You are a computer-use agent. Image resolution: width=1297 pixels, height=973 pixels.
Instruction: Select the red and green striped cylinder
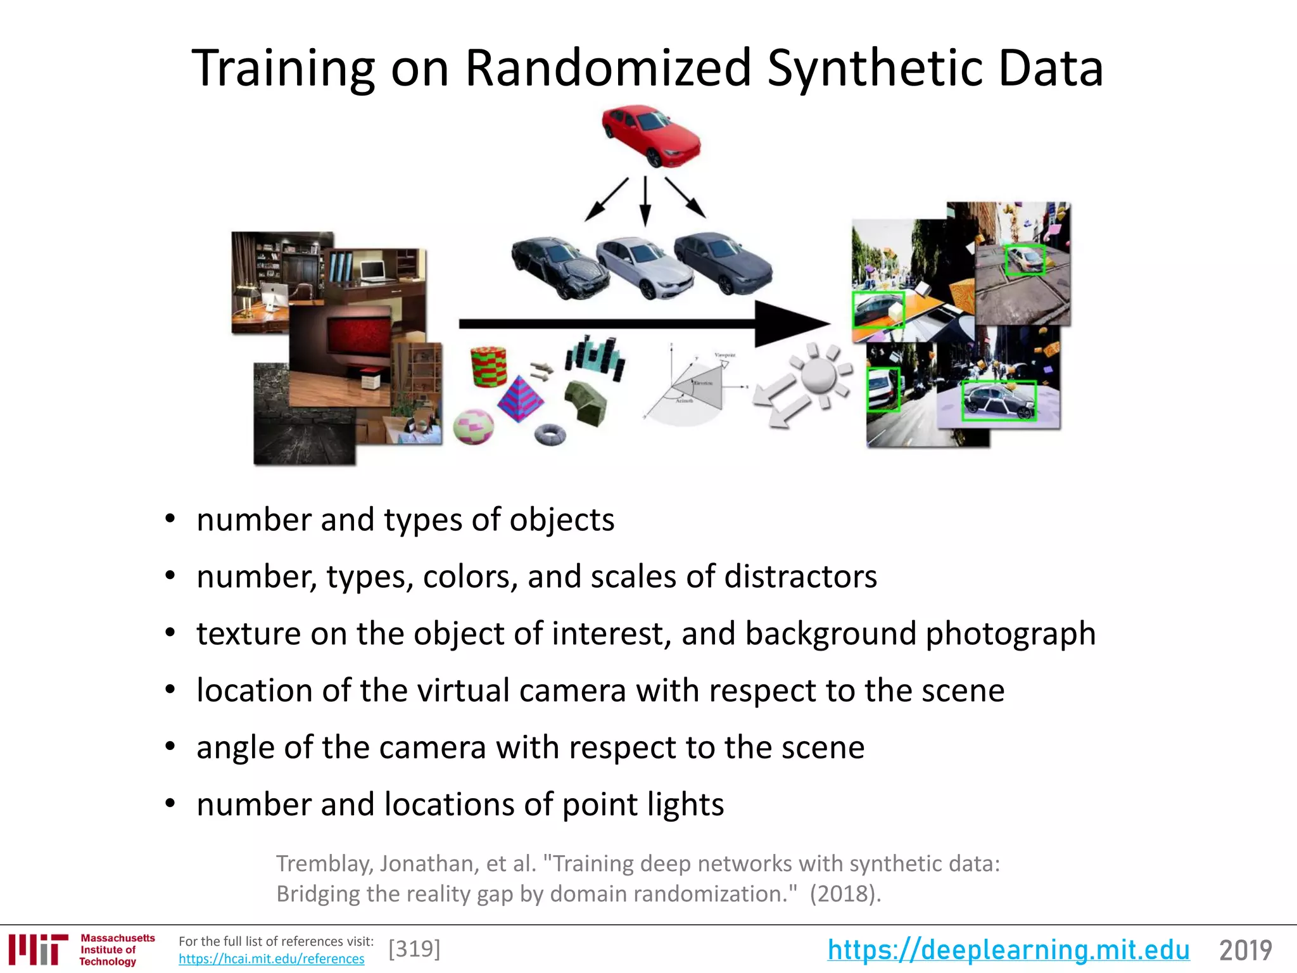[489, 366]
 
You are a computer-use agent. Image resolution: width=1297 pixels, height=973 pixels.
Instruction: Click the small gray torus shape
[550, 435]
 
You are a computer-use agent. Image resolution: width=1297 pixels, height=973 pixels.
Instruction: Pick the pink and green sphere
[473, 426]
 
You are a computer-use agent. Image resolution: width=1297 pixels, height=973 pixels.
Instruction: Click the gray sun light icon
[819, 376]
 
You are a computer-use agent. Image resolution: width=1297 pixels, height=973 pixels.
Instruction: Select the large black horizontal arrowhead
[788, 324]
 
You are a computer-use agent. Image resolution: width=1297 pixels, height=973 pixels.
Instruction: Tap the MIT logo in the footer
[38, 949]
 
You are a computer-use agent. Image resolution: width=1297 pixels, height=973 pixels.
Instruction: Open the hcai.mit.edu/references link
[271, 959]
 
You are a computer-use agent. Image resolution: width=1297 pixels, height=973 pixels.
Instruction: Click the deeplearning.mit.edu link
[1008, 950]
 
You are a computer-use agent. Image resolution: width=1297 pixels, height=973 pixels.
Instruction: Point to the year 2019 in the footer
[1245, 950]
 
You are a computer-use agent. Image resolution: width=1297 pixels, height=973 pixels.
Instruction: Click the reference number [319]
[414, 949]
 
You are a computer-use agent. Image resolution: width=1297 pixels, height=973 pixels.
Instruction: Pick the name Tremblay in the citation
[322, 864]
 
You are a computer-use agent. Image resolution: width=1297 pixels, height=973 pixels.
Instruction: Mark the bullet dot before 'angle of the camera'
[170, 747]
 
